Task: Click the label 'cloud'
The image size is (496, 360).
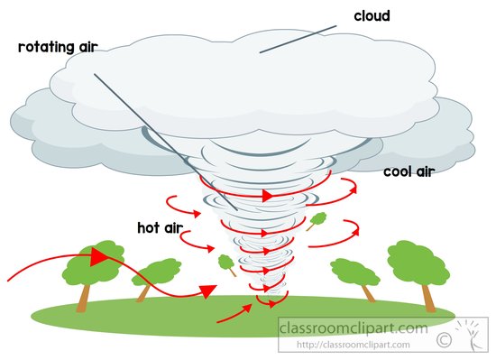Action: click(x=372, y=16)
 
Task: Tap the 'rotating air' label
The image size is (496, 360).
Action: click(x=58, y=47)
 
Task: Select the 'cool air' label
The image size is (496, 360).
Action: click(x=409, y=171)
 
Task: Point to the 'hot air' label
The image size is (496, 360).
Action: click(x=160, y=227)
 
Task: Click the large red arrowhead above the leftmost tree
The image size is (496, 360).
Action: click(x=97, y=256)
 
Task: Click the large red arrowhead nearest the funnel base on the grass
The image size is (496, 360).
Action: click(x=208, y=291)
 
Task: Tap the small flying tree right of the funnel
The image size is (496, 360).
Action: click(x=317, y=220)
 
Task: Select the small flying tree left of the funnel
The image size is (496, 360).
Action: click(x=227, y=264)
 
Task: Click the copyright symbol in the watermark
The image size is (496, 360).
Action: click(x=444, y=340)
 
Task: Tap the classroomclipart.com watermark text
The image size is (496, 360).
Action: click(x=353, y=328)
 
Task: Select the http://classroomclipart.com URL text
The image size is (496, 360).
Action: click(x=353, y=344)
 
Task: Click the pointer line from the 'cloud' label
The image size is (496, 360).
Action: click(x=298, y=39)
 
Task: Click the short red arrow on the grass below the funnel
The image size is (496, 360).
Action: click(x=234, y=313)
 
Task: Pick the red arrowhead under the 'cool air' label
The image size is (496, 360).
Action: click(x=353, y=189)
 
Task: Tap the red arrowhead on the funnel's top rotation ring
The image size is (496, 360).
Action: click(x=267, y=195)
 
